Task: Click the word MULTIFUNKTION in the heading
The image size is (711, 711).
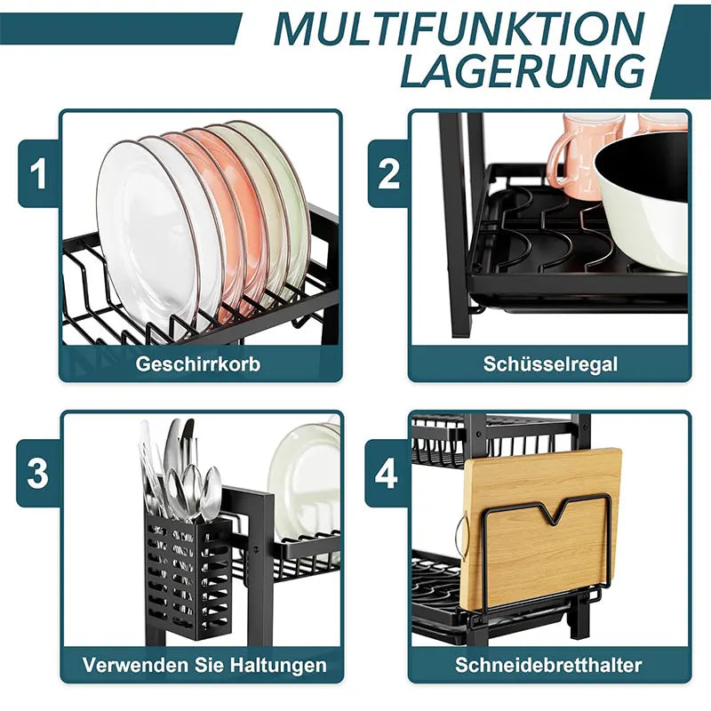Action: [459, 28]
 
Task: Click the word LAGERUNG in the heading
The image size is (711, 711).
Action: [523, 71]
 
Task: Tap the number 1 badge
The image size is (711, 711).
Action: [38, 173]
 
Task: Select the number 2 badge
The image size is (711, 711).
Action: [388, 173]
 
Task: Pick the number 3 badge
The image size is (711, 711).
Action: [38, 474]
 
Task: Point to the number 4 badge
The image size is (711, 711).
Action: [387, 474]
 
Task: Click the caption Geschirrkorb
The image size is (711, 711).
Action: [198, 364]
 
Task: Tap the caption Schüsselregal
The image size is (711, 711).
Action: [550, 364]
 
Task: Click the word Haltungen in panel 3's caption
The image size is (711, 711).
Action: [278, 665]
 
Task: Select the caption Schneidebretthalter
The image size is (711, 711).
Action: [548, 665]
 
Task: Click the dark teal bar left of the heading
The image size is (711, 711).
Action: [119, 28]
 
